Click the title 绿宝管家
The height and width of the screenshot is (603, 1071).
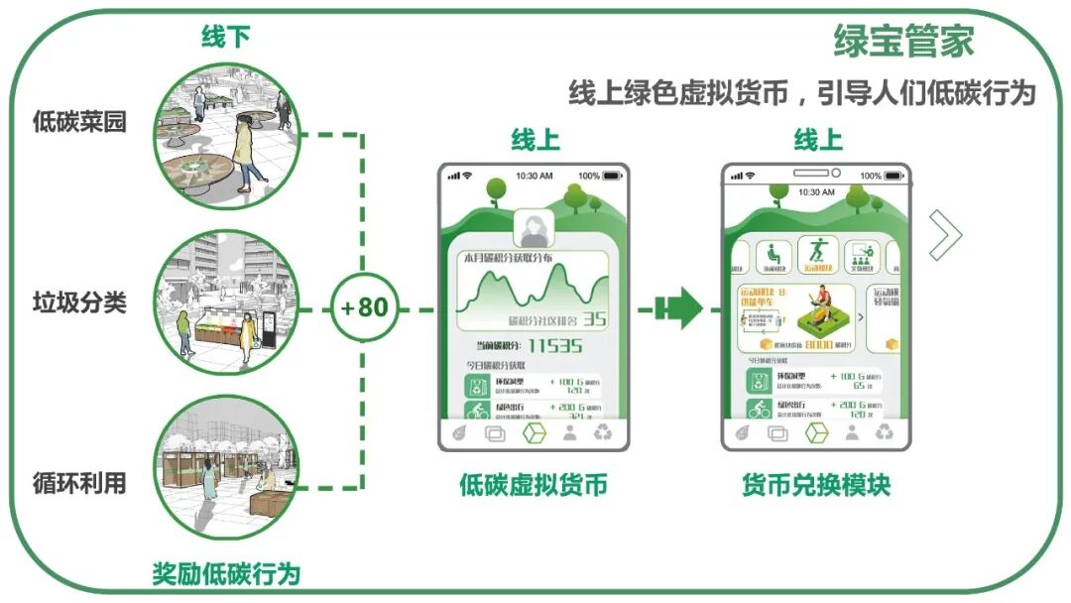(x=903, y=42)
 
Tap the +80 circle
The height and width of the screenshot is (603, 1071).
(x=364, y=307)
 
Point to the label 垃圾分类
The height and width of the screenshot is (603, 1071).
(x=79, y=302)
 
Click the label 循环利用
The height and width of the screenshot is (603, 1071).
(x=79, y=483)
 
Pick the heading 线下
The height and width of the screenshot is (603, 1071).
(x=226, y=38)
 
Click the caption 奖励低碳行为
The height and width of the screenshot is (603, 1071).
(x=226, y=573)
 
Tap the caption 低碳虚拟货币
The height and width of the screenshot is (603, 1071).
(x=533, y=485)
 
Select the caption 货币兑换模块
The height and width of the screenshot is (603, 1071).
(x=816, y=485)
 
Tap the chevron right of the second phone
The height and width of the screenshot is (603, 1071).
(x=945, y=235)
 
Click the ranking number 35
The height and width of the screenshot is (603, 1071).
(x=594, y=319)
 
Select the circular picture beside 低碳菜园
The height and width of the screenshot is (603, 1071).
(x=227, y=135)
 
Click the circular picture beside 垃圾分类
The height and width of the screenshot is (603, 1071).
(x=227, y=302)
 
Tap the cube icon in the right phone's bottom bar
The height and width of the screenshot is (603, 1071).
(x=816, y=433)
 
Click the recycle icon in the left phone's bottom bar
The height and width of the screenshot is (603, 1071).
(x=602, y=433)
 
